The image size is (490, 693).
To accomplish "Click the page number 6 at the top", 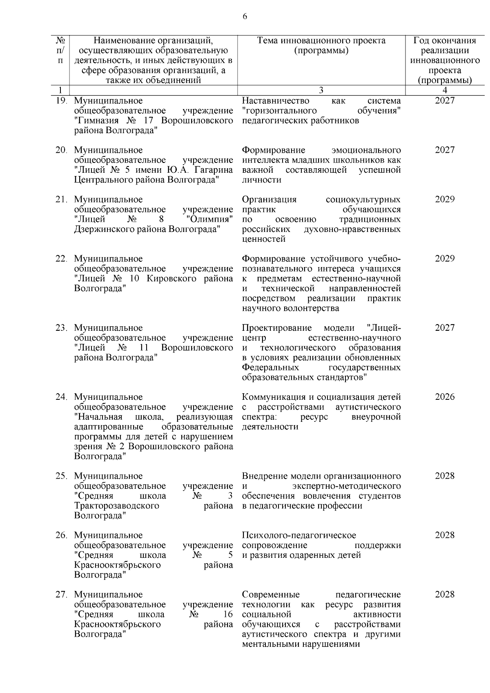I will (x=245, y=16).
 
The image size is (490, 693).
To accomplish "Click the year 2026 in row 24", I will (x=445, y=397).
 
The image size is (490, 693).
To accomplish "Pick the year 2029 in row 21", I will (x=445, y=199).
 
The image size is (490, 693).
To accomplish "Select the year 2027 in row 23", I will (x=445, y=328).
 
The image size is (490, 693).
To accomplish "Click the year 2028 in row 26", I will (x=445, y=535).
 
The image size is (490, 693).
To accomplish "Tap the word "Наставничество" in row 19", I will (x=276, y=101).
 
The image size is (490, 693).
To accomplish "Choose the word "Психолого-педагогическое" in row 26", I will (x=299, y=535).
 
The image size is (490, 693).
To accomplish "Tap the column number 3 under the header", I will (x=321, y=90).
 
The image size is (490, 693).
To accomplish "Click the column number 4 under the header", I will (x=445, y=90).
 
